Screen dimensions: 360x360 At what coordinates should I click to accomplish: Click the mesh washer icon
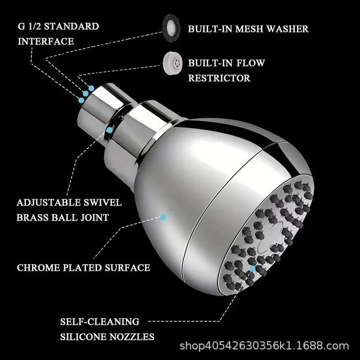(171, 28)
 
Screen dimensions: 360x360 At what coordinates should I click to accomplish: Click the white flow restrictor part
(173, 63)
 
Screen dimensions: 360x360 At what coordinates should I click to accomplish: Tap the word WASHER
(288, 29)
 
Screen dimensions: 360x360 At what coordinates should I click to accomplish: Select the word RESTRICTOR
(219, 78)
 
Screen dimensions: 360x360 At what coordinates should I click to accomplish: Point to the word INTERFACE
(46, 41)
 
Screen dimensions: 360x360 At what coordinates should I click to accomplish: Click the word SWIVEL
(103, 202)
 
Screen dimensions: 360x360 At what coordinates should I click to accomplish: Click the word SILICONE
(83, 337)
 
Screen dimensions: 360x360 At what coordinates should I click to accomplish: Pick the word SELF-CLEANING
(99, 322)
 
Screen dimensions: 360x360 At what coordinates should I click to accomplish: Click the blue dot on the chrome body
(163, 217)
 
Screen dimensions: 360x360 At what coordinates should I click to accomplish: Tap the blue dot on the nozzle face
(252, 269)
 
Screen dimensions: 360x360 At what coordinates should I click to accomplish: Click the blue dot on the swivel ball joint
(110, 130)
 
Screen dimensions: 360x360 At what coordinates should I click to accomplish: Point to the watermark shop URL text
(264, 346)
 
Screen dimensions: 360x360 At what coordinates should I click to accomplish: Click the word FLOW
(251, 63)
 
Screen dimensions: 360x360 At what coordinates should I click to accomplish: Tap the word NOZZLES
(132, 337)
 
